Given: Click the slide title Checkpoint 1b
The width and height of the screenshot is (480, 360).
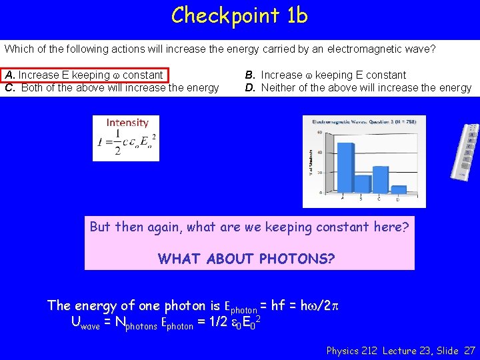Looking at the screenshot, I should click(239, 15).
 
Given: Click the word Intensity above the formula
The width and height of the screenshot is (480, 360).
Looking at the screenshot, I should click(127, 123).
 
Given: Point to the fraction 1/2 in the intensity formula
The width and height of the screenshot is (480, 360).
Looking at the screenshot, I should click(117, 142).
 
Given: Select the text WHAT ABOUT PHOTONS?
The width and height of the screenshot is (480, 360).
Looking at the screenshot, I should click(247, 258).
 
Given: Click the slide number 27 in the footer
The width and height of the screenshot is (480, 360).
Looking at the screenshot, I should click(469, 350).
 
